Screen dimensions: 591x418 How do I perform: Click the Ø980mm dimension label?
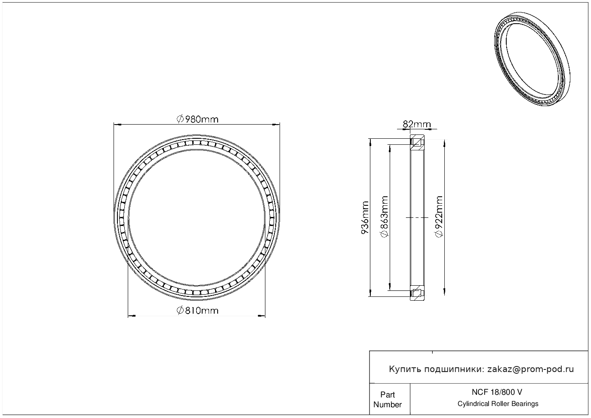tap(197, 119)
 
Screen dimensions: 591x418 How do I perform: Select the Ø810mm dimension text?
tap(197, 311)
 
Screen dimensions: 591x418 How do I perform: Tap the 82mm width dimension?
tap(417, 124)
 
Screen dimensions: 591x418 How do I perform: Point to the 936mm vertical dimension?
tap(364, 218)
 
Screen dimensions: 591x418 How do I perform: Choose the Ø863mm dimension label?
tap(385, 217)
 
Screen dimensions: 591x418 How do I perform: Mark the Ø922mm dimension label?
tap(439, 217)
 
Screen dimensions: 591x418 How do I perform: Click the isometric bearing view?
tap(532, 59)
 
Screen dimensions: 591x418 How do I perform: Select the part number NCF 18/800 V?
tap(497, 392)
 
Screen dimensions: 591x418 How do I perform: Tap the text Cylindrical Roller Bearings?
tap(498, 404)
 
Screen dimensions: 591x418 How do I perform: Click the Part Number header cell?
tap(387, 400)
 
